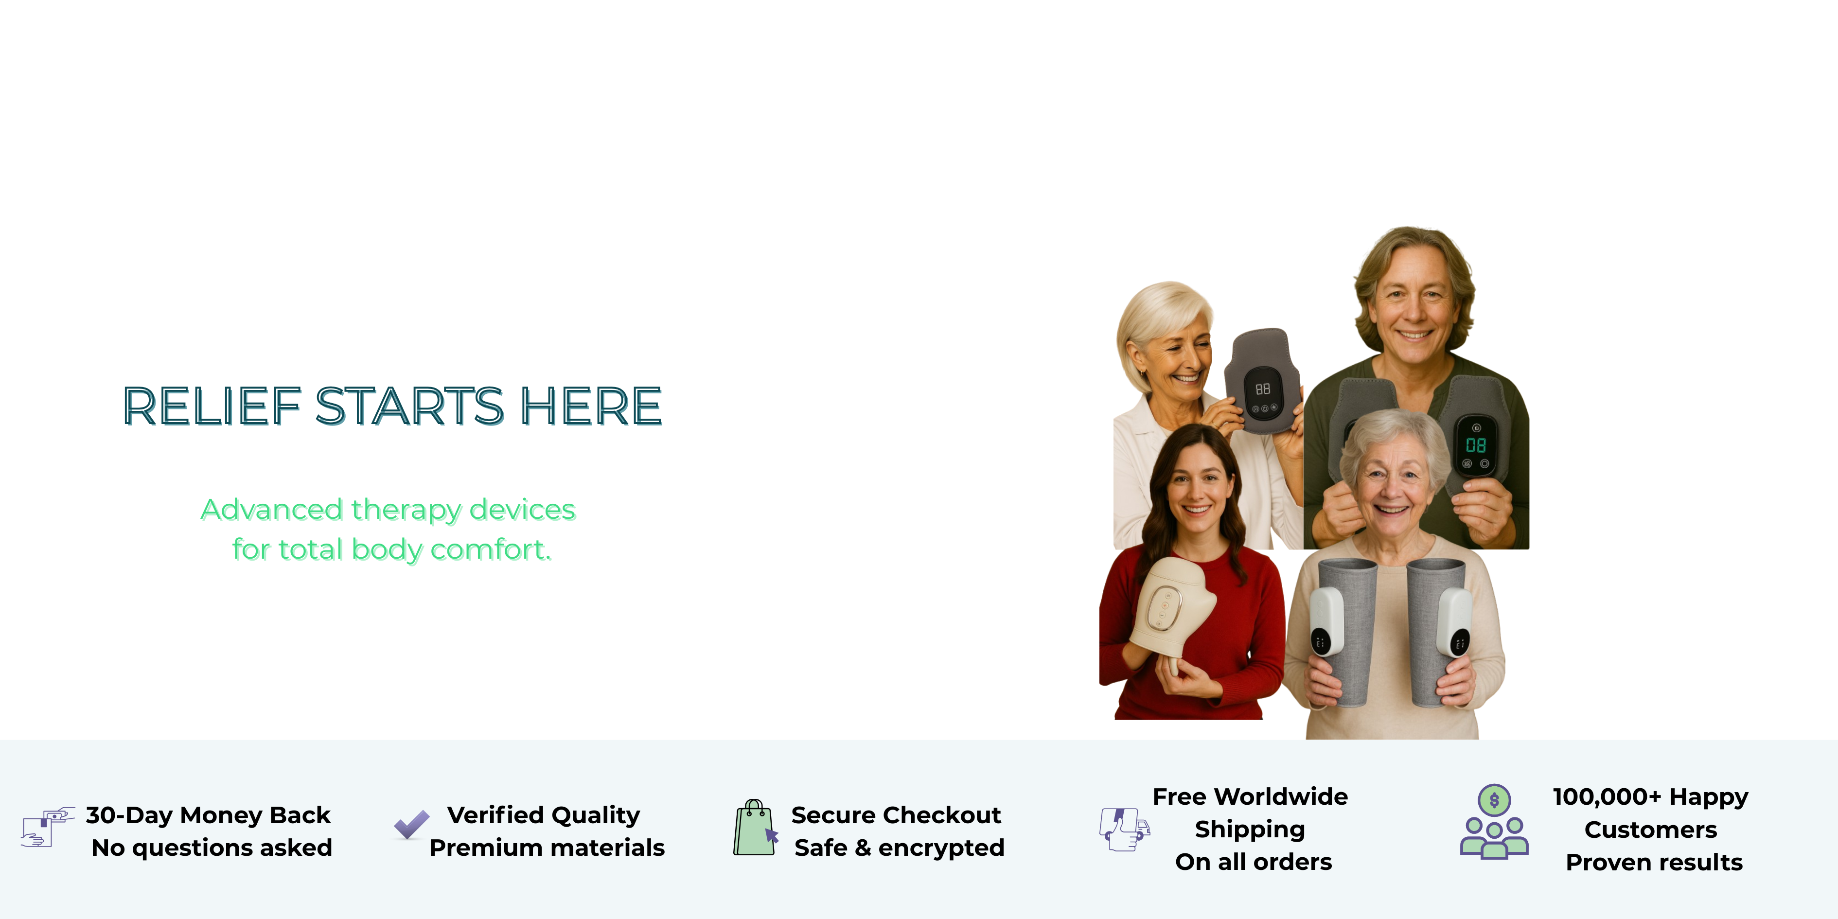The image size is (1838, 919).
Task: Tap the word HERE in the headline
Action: (591, 406)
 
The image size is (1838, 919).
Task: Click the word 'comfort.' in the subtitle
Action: (491, 549)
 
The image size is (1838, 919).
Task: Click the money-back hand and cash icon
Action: (48, 828)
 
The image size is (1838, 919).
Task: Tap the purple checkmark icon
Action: (412, 825)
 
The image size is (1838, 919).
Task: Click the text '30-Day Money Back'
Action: (208, 815)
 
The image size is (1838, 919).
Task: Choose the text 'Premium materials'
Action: (547, 848)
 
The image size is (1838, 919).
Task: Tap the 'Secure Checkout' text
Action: (896, 815)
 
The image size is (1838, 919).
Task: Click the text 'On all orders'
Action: (1254, 862)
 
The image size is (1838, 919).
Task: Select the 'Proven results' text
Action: (1654, 863)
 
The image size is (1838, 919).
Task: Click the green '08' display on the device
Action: (1476, 445)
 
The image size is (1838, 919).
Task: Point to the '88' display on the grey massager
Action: (1263, 389)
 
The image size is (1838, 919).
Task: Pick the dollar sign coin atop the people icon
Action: (1494, 800)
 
